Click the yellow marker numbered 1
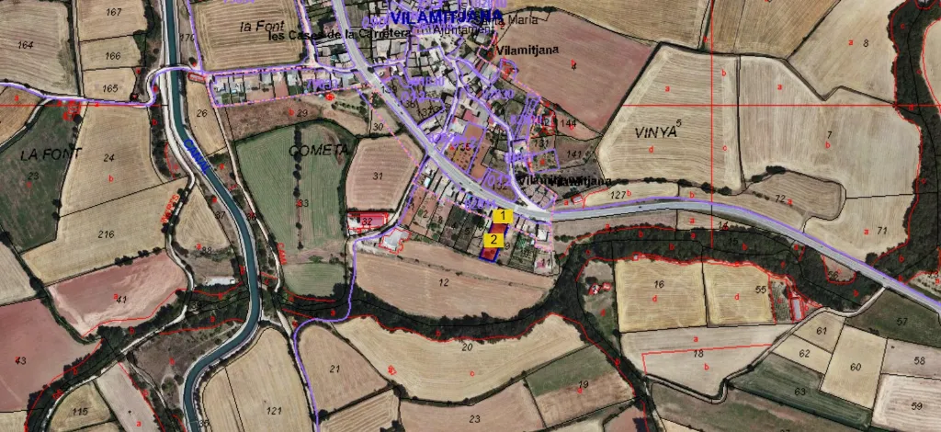click(x=502, y=215)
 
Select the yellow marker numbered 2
click(x=493, y=240)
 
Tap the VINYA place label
click(x=655, y=132)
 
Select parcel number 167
click(x=114, y=12)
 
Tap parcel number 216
click(x=107, y=234)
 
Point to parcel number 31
click(x=377, y=176)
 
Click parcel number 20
click(x=467, y=347)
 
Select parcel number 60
click(x=855, y=366)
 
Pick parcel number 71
click(x=881, y=229)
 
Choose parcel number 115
click(x=80, y=413)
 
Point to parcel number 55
click(x=760, y=290)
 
